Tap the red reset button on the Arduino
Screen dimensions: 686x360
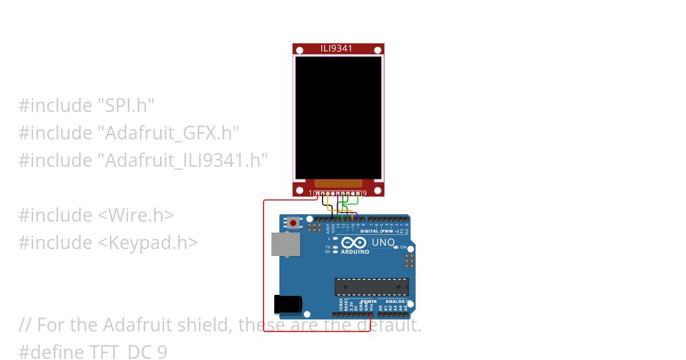(294, 223)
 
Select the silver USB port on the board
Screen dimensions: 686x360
(285, 244)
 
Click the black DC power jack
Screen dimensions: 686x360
(287, 304)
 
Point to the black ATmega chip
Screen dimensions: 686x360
(372, 287)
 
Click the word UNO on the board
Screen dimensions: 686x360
(383, 242)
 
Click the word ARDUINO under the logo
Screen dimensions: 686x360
(355, 251)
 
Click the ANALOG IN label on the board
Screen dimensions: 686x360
(398, 301)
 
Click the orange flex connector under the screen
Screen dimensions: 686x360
(338, 183)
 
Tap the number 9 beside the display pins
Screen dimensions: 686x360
(365, 193)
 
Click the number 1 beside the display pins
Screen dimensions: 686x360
(311, 193)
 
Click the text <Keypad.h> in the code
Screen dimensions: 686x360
(147, 242)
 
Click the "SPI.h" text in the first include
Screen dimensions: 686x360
(126, 105)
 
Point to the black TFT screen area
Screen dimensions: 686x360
(338, 117)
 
